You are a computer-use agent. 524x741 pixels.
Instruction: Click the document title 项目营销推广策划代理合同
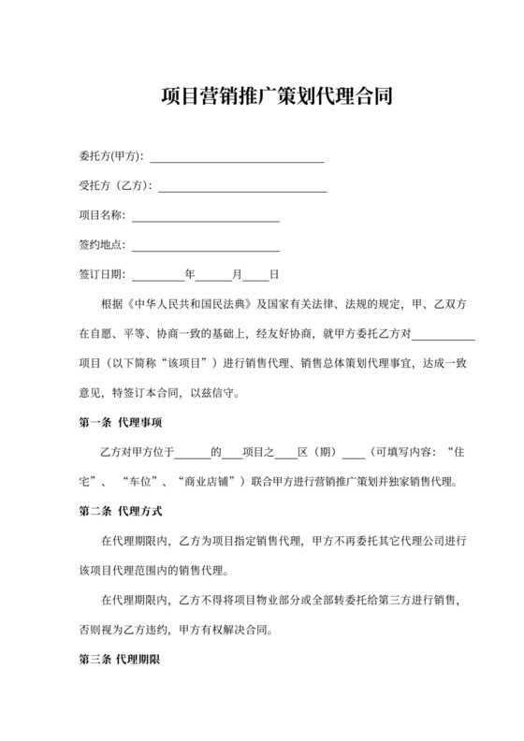[x=262, y=96]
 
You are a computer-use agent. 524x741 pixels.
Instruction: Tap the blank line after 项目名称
[x=205, y=217]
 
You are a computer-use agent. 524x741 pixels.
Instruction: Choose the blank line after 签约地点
[x=205, y=247]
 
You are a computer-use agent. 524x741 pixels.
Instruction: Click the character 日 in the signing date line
[x=274, y=277]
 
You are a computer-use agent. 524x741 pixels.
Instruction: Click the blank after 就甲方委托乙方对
[x=444, y=334]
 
